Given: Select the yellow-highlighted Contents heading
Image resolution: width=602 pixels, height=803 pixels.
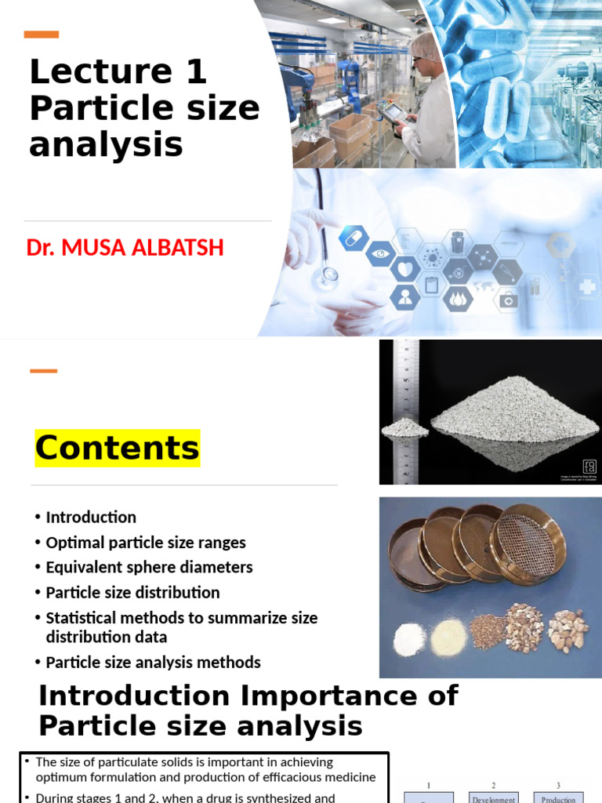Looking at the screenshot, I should (117, 448).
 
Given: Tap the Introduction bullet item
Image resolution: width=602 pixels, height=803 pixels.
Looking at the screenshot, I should (91, 518).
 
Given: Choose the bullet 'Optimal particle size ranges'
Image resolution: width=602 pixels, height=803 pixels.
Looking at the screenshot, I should (146, 543).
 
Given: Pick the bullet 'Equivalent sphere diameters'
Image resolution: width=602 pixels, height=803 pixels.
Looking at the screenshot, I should (149, 568).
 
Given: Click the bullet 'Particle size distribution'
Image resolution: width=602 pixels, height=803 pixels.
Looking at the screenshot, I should (132, 593).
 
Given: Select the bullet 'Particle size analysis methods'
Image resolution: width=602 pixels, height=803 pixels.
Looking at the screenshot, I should (153, 663).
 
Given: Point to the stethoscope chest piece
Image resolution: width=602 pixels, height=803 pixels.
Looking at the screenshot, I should (329, 274).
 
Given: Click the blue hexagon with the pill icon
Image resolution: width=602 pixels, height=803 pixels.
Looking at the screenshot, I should (354, 237).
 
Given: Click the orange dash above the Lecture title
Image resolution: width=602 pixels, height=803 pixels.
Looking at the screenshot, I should (42, 35).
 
